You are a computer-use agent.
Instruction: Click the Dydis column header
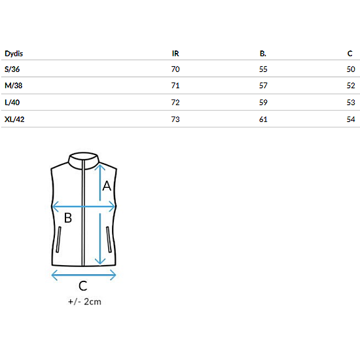pyautogui.click(x=14, y=54)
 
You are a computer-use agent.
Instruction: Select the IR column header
pyautogui.click(x=175, y=54)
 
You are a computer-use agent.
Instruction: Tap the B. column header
pyautogui.click(x=263, y=54)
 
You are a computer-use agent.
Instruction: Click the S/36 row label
pyautogui.click(x=12, y=69)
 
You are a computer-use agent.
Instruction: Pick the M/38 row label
pyautogui.click(x=14, y=86)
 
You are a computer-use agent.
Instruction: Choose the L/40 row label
pyautogui.click(x=12, y=102)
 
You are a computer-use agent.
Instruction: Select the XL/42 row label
pyautogui.click(x=14, y=119)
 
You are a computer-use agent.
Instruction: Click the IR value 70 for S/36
pyautogui.click(x=175, y=69)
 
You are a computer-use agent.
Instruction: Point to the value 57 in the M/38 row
pyautogui.click(x=263, y=86)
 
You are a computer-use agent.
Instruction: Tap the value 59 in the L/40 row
pyautogui.click(x=263, y=102)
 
